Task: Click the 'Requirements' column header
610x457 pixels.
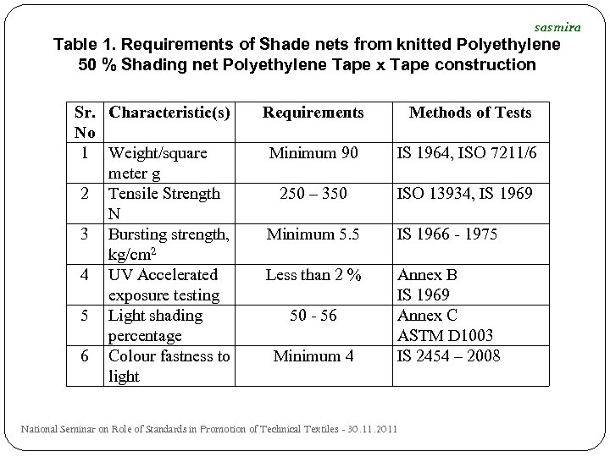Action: [x=313, y=113]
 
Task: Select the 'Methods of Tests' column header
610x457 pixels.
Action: [x=470, y=113]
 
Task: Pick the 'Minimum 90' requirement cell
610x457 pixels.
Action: [x=313, y=153]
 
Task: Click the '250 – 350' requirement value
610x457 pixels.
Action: [x=313, y=194]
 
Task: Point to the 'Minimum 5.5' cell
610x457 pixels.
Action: [x=313, y=234]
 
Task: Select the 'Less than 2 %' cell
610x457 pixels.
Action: [x=313, y=275]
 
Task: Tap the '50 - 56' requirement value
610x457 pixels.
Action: [x=313, y=316]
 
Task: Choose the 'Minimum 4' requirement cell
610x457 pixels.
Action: [x=313, y=356]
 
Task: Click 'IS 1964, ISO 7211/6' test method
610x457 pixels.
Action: [x=465, y=153]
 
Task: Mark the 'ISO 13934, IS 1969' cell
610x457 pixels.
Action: [x=465, y=194]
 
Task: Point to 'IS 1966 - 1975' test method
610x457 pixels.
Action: [x=447, y=234]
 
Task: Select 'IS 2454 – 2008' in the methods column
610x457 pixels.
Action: [x=449, y=356]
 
